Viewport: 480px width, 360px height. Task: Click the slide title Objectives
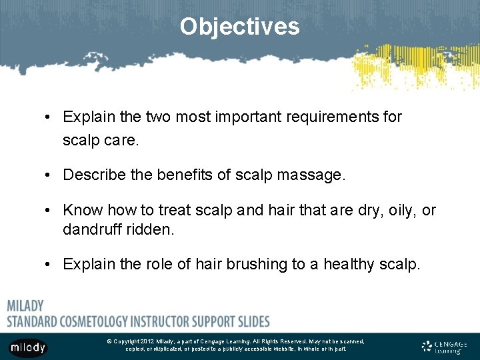point(239,27)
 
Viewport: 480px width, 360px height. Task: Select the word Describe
point(90,175)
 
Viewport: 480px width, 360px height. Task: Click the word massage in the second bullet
point(313,175)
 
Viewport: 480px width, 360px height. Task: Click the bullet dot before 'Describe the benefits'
point(51,176)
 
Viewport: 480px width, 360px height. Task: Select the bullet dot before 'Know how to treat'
point(51,211)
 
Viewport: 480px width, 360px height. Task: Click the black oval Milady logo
point(28,347)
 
